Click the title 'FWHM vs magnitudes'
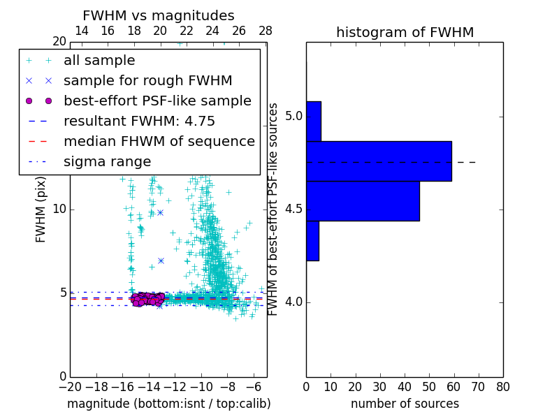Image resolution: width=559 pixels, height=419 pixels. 158,15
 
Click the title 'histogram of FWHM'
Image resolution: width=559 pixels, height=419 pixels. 405,32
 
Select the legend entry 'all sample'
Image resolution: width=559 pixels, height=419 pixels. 99,61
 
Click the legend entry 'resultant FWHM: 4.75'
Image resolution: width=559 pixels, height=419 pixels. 139,121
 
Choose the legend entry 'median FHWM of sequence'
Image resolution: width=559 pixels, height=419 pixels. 159,141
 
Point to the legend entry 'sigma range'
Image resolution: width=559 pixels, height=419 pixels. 107,161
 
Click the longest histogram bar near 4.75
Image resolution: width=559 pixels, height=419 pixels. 379,161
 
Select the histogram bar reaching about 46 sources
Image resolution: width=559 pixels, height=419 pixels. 363,201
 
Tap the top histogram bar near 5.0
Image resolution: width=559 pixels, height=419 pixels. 314,121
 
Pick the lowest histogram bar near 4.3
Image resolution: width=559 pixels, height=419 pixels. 312,241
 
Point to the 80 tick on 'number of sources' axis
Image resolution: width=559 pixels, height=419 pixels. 502,386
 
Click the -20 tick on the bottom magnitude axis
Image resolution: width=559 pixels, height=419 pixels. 70,386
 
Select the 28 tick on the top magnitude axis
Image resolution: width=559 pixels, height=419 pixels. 266,31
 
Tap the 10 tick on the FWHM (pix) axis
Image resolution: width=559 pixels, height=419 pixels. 59,209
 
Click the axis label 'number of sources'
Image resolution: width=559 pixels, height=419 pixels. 405,404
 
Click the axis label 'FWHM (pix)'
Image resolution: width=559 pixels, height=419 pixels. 41,209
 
